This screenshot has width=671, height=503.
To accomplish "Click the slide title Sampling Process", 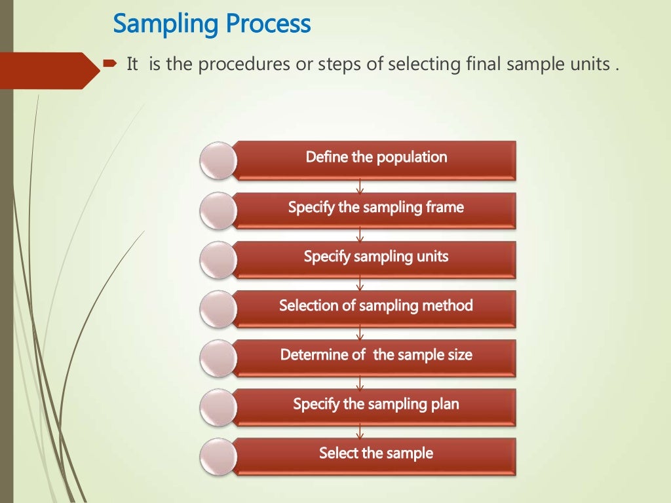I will (x=212, y=24).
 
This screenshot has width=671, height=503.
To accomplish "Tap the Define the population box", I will (x=375, y=158).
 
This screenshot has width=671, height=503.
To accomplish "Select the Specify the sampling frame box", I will (x=375, y=208).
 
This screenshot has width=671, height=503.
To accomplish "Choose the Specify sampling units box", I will (x=375, y=257).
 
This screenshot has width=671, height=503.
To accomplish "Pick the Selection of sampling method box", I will (x=375, y=306).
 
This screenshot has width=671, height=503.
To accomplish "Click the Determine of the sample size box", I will (x=375, y=355).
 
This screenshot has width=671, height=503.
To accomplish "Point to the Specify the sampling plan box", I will (x=375, y=404).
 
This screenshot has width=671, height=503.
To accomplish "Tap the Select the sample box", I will (x=375, y=453).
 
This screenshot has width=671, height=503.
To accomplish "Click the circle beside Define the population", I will (x=218, y=160).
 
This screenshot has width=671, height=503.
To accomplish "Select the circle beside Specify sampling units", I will (x=218, y=259).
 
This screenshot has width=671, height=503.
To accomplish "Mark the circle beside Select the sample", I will (x=218, y=456).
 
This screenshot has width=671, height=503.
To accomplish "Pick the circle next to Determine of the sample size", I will (x=218, y=358).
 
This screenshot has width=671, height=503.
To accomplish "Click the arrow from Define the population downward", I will (x=360, y=187).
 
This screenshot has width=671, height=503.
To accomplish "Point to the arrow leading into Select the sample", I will (x=360, y=432).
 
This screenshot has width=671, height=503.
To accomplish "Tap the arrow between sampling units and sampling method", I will (x=360, y=285).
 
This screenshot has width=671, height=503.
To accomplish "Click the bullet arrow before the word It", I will (x=109, y=65).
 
